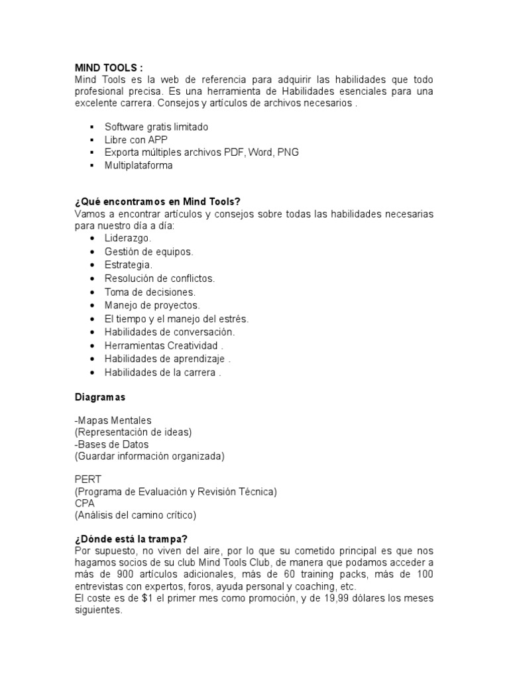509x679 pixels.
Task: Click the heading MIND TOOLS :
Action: tap(107, 67)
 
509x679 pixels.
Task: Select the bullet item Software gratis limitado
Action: tap(156, 126)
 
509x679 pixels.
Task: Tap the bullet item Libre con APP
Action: tap(136, 139)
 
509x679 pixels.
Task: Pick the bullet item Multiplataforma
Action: tap(138, 166)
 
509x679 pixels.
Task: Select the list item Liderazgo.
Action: tap(128, 237)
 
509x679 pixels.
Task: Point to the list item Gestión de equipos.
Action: tap(148, 251)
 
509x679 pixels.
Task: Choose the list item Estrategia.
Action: tap(129, 265)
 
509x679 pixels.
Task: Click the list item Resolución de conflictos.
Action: tap(160, 278)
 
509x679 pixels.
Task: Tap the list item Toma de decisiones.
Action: tap(149, 292)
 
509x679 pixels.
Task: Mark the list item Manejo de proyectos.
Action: tap(152, 305)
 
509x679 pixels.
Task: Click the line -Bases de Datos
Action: tap(111, 444)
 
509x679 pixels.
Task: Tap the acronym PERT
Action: tap(87, 479)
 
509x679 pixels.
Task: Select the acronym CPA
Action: tap(85, 503)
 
